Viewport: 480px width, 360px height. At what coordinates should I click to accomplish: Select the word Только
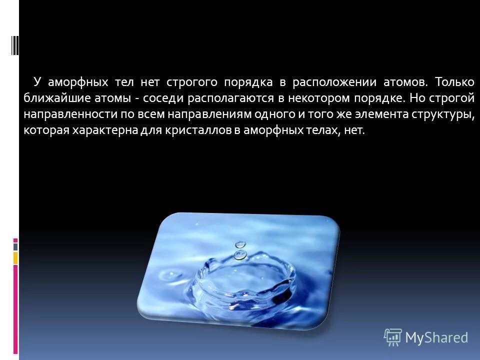pyautogui.click(x=454, y=81)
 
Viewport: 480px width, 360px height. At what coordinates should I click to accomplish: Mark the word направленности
pyautogui.click(x=70, y=114)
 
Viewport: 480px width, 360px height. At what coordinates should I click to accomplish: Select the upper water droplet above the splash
pyautogui.click(x=241, y=244)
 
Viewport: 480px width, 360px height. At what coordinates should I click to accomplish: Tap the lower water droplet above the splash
pyautogui.click(x=240, y=255)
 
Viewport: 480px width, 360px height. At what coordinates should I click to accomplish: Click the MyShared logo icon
pyautogui.click(x=392, y=337)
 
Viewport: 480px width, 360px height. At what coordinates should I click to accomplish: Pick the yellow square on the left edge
pyautogui.click(x=15, y=257)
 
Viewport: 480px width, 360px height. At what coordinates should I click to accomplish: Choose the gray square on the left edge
pyautogui.click(x=15, y=246)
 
